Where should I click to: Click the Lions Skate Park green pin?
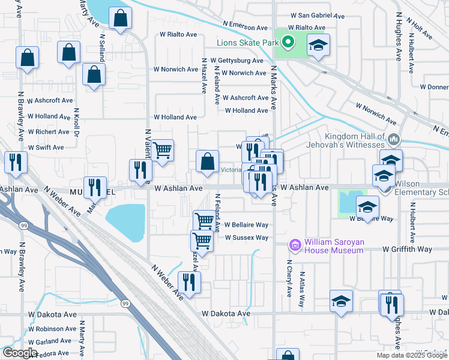(288, 43)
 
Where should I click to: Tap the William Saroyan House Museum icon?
(295, 245)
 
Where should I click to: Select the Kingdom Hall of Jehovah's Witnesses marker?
(394, 140)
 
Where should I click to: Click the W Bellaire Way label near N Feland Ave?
(246, 225)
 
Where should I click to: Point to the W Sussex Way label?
(246, 238)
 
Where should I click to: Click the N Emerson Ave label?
(245, 28)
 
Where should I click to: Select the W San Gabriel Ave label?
(317, 16)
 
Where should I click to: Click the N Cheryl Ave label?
(289, 278)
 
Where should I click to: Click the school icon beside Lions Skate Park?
(318, 44)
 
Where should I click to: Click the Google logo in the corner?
(20, 353)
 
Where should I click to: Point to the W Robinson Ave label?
(52, 329)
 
